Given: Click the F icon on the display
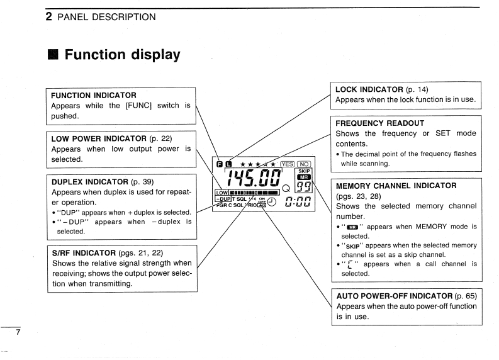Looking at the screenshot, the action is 218,165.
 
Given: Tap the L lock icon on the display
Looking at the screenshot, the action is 228,165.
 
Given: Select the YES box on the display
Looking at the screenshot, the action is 285,165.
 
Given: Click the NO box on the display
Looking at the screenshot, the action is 303,165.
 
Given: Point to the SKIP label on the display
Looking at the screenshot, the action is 303,171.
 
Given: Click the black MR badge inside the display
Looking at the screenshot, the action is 303,178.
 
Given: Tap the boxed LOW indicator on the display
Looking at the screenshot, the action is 221,192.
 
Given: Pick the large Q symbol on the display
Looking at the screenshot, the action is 287,188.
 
